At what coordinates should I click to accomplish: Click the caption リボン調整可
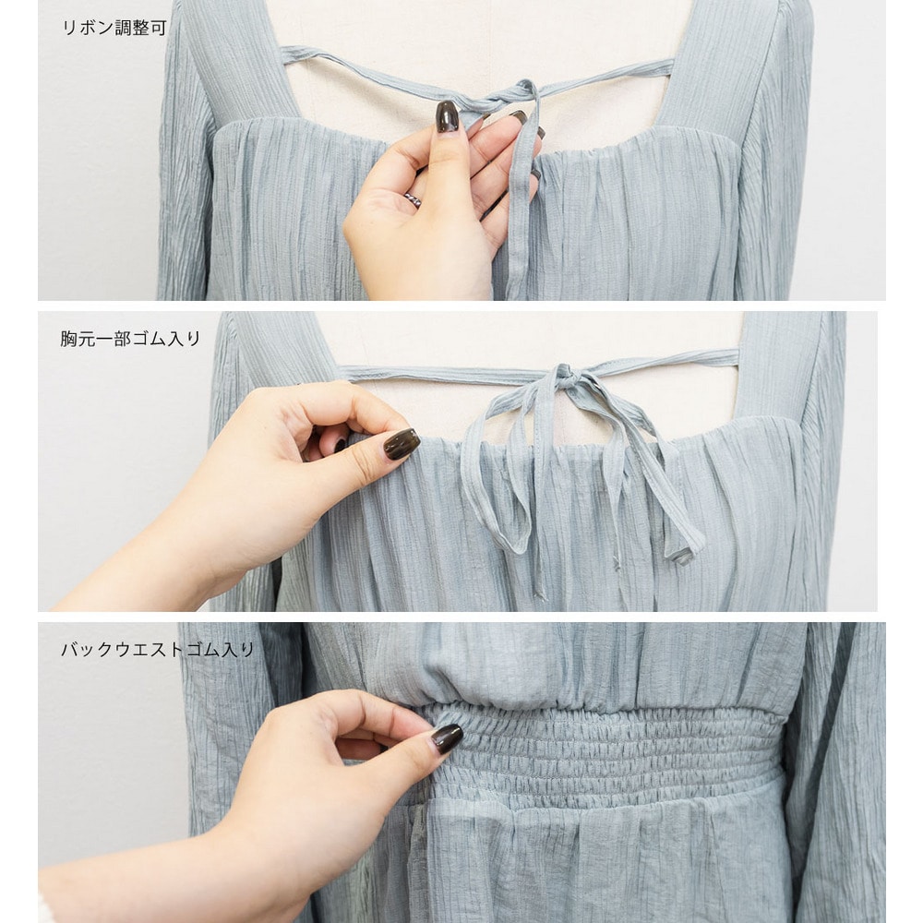(x=114, y=28)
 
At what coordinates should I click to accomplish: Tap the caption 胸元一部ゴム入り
(x=130, y=339)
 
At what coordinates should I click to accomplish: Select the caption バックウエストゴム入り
(x=158, y=649)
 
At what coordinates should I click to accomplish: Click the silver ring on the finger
(x=413, y=199)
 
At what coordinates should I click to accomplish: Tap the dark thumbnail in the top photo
(x=447, y=116)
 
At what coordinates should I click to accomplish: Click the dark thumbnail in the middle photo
(x=402, y=444)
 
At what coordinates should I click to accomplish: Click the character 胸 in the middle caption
(x=69, y=339)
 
